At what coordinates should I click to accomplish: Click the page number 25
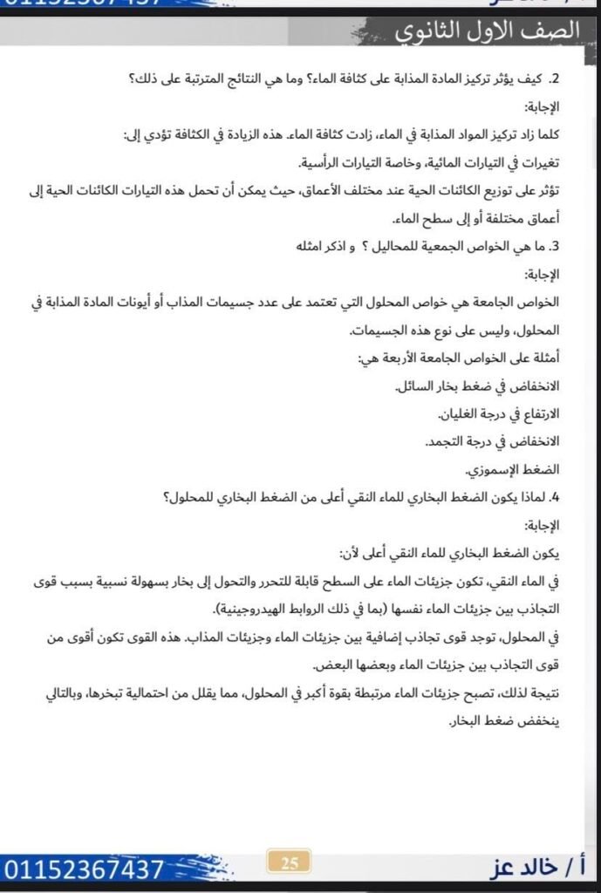290,863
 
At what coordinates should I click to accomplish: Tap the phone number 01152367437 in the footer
84,869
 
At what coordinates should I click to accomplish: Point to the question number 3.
555,246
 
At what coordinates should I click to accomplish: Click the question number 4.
555,499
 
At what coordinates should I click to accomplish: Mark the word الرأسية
321,164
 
